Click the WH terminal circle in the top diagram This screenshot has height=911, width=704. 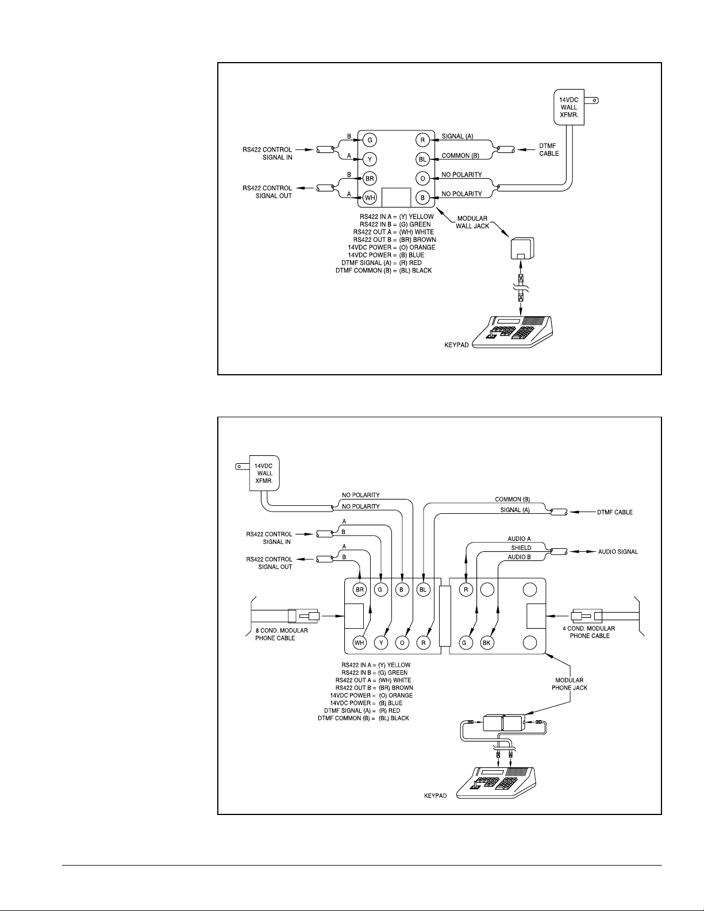(x=370, y=198)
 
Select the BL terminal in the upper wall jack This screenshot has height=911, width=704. (x=422, y=159)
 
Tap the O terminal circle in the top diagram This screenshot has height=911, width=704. (x=422, y=179)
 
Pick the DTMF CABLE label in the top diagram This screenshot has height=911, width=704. (x=548, y=149)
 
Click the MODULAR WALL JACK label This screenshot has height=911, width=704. (x=472, y=222)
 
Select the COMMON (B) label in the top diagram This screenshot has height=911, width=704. (x=460, y=156)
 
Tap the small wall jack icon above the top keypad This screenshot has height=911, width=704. (x=522, y=249)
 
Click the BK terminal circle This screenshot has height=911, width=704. (x=487, y=643)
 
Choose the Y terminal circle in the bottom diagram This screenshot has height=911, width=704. (x=381, y=643)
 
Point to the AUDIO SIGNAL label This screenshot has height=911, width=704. (x=618, y=552)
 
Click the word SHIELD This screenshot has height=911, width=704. (x=521, y=548)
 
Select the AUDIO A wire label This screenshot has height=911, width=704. (x=519, y=539)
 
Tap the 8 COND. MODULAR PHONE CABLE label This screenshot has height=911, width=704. (x=282, y=635)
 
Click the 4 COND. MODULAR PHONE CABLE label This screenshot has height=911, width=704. (x=588, y=632)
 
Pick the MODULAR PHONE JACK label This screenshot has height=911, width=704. (x=569, y=684)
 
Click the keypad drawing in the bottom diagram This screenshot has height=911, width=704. (x=496, y=783)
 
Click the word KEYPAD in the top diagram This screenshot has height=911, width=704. (x=456, y=345)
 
